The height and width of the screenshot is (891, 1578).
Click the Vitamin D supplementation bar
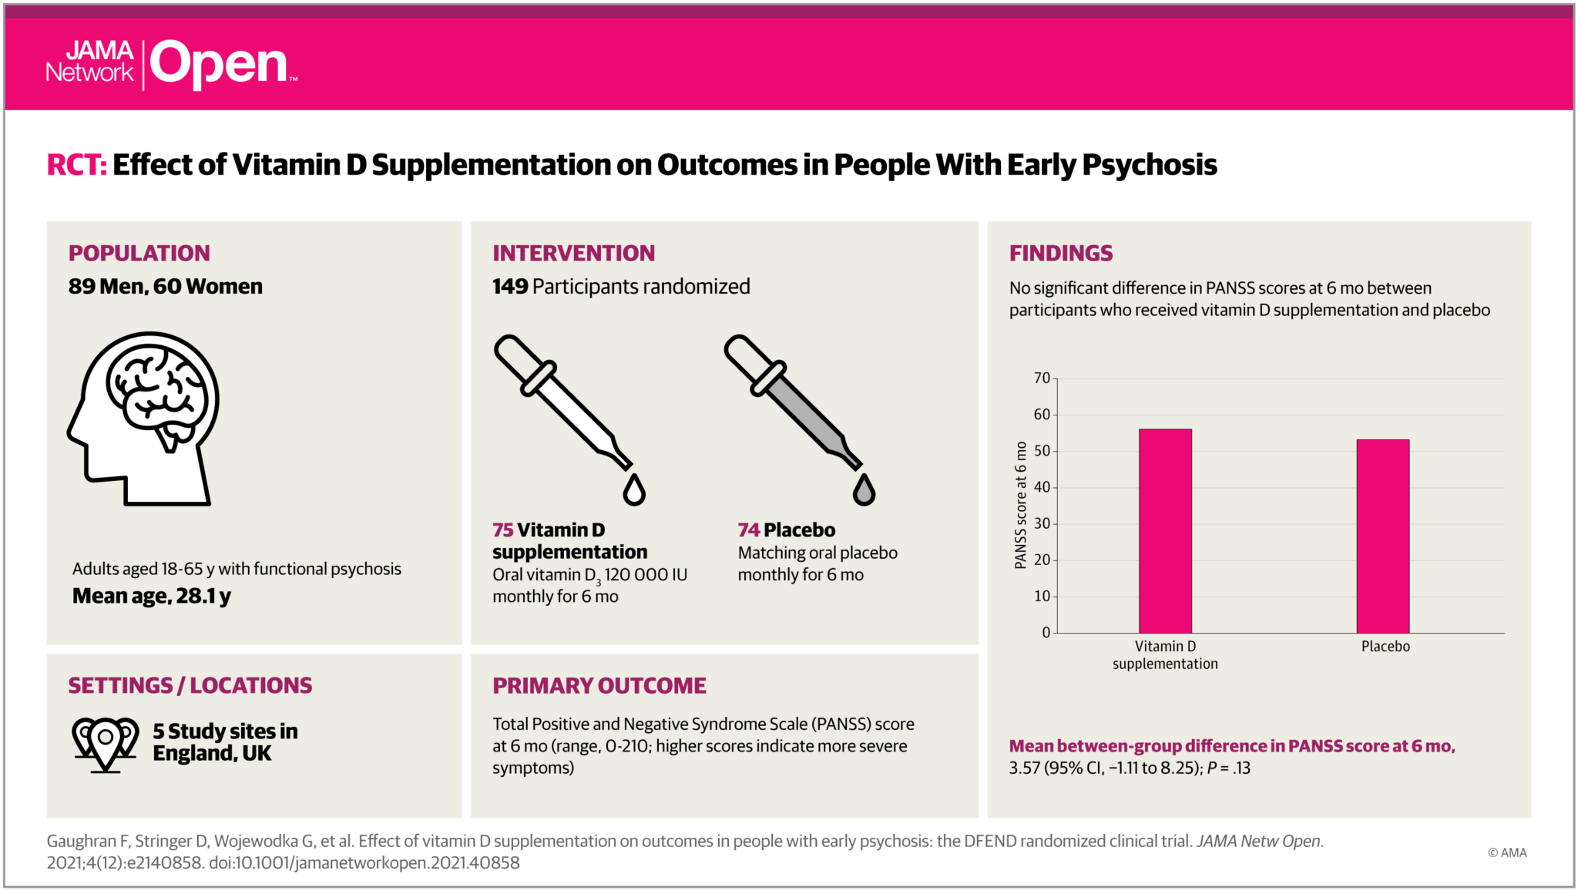click(x=1165, y=531)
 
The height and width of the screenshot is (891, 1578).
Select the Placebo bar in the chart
click(x=1383, y=536)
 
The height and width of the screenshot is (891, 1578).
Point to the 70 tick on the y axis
click(x=1042, y=378)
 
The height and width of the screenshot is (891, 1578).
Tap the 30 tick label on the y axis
click(x=1042, y=524)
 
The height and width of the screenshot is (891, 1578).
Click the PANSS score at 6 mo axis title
click(x=1021, y=506)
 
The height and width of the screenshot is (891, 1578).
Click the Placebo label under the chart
click(x=1385, y=647)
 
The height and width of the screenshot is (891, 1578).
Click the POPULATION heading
click(x=139, y=254)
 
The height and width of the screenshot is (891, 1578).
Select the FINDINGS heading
click(x=1061, y=254)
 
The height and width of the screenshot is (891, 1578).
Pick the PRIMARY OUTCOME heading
click(x=599, y=686)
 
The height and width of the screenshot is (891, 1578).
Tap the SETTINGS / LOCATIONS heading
click(x=190, y=686)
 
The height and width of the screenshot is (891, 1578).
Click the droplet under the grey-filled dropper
click(x=864, y=490)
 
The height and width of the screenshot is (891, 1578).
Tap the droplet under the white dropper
click(x=634, y=490)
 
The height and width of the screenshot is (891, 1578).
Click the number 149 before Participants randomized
click(x=510, y=287)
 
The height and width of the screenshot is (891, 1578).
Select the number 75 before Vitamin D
click(x=502, y=530)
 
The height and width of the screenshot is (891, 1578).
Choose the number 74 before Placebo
click(x=748, y=530)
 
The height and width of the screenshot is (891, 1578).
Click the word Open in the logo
click(x=219, y=65)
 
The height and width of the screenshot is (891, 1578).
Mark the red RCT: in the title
click(x=76, y=165)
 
